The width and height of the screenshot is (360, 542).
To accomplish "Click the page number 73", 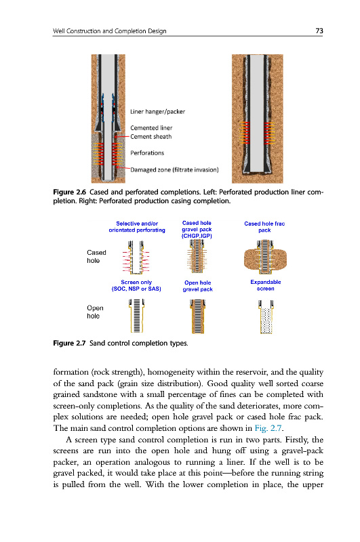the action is (319, 30).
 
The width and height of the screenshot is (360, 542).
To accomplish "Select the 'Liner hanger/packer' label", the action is (158, 112).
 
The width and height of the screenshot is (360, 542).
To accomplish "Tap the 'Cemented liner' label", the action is (151, 128).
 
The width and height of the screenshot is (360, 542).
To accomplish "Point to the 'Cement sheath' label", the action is (151, 137).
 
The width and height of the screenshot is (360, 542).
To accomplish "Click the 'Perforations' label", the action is (147, 153).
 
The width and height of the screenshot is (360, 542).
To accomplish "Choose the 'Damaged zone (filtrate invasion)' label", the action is (174, 170).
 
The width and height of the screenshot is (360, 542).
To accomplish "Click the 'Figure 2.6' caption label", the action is (70, 192).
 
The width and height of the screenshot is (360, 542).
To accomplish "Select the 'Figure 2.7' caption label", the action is (69, 343).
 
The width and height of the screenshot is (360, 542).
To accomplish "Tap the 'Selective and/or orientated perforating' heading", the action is (137, 227).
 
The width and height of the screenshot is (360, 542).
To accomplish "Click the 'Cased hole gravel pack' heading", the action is (197, 230).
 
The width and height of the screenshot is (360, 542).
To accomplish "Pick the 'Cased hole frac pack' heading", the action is (264, 227).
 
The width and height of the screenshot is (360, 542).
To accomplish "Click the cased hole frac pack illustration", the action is (265, 257).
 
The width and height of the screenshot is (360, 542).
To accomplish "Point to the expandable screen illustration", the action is (266, 316).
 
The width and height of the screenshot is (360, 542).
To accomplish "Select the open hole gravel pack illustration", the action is (197, 316).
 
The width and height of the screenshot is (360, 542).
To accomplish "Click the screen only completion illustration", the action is (136, 316).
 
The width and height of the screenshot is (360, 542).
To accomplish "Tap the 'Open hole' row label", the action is (95, 312).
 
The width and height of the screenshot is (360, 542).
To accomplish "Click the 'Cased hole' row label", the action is (96, 257).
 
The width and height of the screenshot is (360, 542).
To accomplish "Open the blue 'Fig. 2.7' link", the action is (268, 428).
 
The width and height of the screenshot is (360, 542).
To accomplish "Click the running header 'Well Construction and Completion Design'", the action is (110, 30).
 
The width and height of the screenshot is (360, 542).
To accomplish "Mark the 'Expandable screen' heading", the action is (266, 285).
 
